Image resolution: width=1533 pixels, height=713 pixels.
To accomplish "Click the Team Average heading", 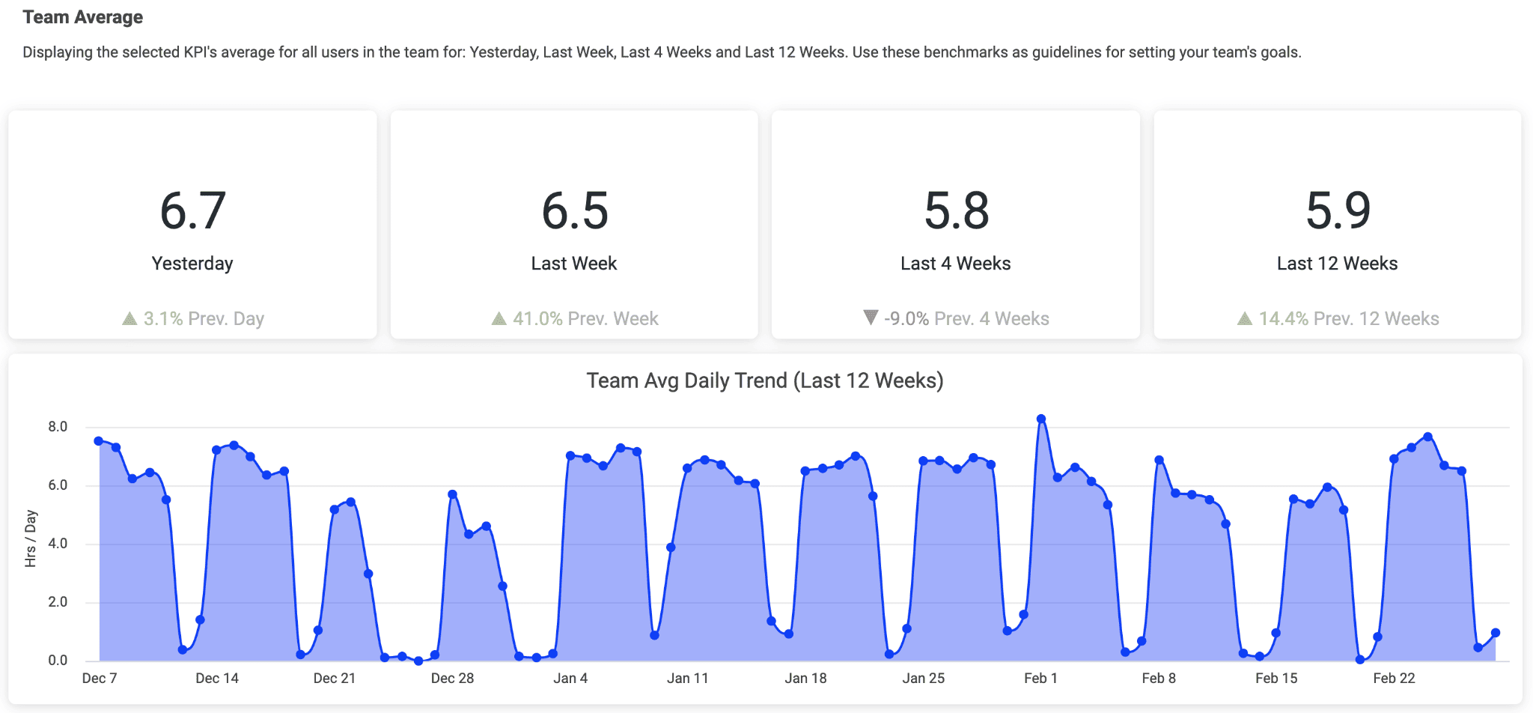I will (x=82, y=17).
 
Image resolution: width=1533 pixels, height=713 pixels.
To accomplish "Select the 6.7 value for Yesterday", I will (x=192, y=210).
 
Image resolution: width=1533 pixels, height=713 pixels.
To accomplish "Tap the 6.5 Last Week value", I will (x=574, y=210).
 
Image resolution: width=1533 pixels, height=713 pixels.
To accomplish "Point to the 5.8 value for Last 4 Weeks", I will (x=956, y=210).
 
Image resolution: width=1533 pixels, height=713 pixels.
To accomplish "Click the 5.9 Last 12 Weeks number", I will (x=1338, y=210).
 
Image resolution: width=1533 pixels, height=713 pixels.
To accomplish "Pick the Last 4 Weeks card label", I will (x=955, y=264).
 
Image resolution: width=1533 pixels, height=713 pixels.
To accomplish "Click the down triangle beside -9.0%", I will (x=870, y=318).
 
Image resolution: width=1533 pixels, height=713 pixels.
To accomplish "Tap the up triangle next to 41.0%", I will (x=499, y=319).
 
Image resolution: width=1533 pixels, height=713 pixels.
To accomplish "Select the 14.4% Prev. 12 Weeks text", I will (x=1348, y=319).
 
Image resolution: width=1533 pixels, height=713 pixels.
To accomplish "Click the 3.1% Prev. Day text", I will (x=204, y=319).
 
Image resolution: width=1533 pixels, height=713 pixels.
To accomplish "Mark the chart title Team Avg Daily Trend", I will (x=764, y=380).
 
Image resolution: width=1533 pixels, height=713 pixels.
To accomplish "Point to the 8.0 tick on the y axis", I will (x=58, y=427).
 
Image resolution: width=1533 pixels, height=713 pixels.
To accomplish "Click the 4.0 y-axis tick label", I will (x=58, y=544).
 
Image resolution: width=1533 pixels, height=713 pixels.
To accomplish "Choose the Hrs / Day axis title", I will (x=31, y=538).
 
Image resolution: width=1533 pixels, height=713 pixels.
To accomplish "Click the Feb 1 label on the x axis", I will (x=1040, y=679).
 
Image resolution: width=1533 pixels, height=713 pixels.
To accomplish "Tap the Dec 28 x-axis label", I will (x=452, y=679).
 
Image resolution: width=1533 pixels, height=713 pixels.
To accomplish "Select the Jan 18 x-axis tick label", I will (x=805, y=679).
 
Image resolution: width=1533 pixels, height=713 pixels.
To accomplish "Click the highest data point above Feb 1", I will (x=1041, y=419).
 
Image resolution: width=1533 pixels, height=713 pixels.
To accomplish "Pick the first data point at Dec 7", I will (x=99, y=441).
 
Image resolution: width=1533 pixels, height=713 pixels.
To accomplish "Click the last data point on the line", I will (x=1496, y=633).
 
